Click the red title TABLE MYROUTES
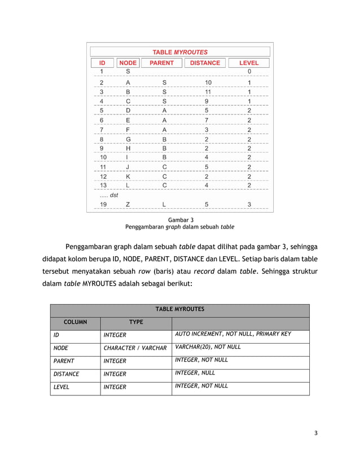[180, 52]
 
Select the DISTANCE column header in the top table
[205, 63]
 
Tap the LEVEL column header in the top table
[249, 63]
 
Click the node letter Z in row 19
[128, 204]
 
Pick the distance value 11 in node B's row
[207, 91]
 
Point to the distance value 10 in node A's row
[207, 82]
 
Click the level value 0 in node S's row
[249, 72]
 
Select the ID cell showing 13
[103, 185]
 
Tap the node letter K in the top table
[128, 176]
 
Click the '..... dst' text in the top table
[109, 195]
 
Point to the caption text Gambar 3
[179, 219]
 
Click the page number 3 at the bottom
[316, 433]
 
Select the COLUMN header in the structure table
[75, 322]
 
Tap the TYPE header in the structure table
[135, 322]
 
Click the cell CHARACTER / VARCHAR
[135, 348]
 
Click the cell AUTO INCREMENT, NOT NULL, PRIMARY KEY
[233, 334]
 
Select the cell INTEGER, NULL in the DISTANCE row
[195, 373]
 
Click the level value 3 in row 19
[249, 204]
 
